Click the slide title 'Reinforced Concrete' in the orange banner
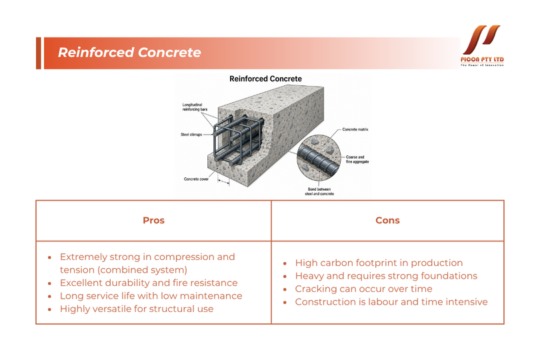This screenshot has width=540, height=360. point(129,53)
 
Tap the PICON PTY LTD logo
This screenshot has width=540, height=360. point(482,45)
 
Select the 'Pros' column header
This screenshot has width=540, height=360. point(153,221)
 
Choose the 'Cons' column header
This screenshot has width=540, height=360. point(387,221)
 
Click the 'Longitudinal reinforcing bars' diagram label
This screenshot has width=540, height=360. point(195,107)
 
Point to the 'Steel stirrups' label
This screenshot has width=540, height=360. point(191,135)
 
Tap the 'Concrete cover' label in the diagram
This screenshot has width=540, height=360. point(196,179)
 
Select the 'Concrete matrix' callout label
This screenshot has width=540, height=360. point(355,129)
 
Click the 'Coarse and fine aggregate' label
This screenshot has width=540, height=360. point(357,159)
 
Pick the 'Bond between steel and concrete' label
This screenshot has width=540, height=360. point(319,191)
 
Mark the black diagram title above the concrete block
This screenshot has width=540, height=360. point(265,79)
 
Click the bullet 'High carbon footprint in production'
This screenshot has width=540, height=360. point(379,263)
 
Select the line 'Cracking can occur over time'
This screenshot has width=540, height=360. point(363,289)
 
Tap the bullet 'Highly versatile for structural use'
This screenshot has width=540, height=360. point(137,309)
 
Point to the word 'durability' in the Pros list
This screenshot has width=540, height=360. point(127,283)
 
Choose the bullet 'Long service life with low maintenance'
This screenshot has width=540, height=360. point(151,296)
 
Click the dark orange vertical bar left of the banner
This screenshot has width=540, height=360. point(38,53)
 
